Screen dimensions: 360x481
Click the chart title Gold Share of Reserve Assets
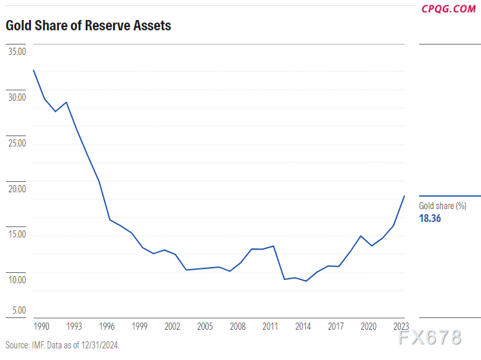[88, 26]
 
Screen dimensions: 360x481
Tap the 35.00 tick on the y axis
[16, 52]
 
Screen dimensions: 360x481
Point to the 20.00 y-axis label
[16, 188]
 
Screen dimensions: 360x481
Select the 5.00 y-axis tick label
[18, 310]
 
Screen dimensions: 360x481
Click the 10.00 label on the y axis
[16, 280]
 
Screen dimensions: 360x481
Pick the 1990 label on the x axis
[41, 326]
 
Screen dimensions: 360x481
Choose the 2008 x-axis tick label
[238, 326]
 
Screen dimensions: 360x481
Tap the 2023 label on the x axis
[402, 326]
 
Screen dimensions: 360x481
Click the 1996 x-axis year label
[107, 326]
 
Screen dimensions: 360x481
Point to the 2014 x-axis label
[303, 326]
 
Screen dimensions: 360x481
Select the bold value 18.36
[431, 219]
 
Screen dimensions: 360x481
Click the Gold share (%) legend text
[443, 206]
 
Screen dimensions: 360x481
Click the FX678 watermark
[430, 337]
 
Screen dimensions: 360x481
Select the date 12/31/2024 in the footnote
[99, 345]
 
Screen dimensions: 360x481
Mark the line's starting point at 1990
[33, 70]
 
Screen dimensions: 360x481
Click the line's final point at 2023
[404, 195]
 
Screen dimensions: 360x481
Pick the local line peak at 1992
[66, 102]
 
